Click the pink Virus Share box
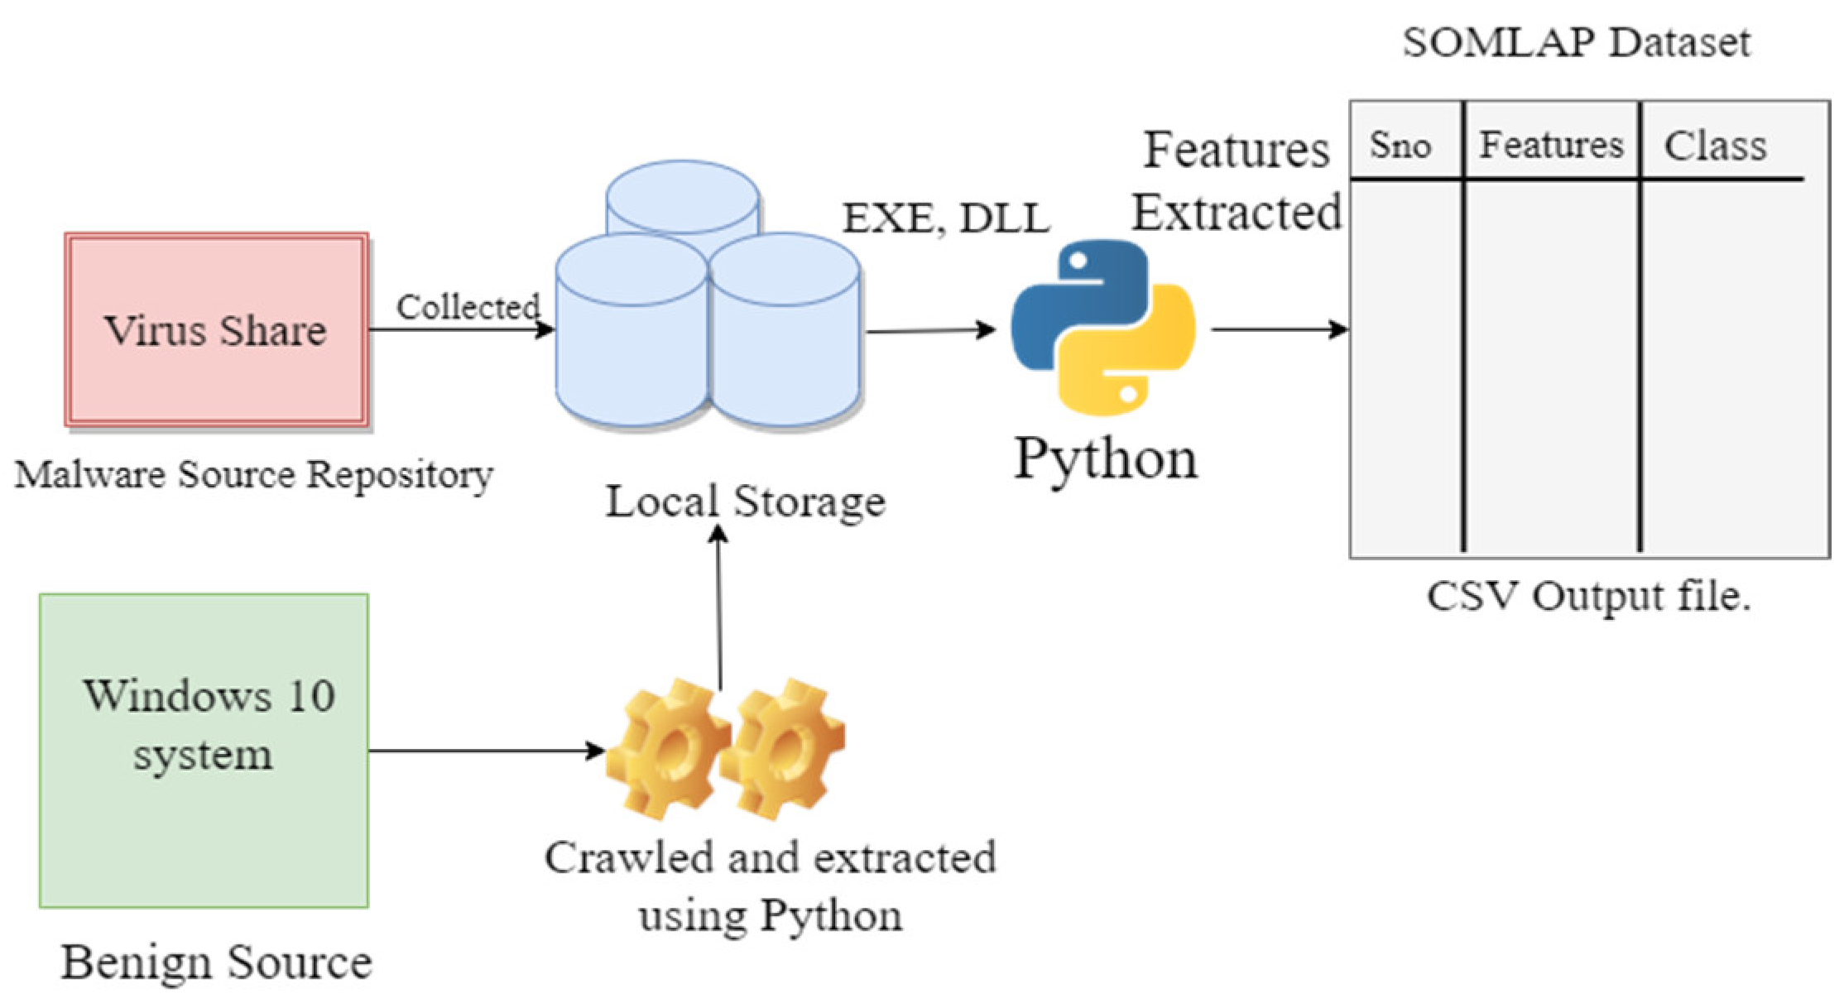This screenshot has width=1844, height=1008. [x=217, y=329]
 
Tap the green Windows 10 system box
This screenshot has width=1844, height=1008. [x=204, y=751]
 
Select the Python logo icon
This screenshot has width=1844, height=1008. [x=1103, y=327]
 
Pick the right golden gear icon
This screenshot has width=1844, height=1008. [x=783, y=749]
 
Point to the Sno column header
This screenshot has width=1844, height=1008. [x=1400, y=146]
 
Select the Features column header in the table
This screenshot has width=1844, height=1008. [x=1551, y=146]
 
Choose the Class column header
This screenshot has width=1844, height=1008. [x=1716, y=146]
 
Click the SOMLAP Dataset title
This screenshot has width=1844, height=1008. [x=1577, y=42]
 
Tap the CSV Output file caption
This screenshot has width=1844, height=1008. [x=1588, y=596]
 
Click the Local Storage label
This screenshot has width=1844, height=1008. [x=746, y=502]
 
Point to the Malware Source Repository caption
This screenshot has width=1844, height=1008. [x=254, y=476]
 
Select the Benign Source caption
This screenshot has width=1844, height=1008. [x=217, y=962]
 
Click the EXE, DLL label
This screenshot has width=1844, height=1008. [x=946, y=218]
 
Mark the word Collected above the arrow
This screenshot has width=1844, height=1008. [x=468, y=307]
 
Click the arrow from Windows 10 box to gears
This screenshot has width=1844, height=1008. [x=487, y=751]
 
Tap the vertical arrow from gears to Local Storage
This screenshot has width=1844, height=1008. [x=719, y=608]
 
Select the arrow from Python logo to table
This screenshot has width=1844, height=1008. [x=1280, y=329]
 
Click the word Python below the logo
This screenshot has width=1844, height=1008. [x=1107, y=459]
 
